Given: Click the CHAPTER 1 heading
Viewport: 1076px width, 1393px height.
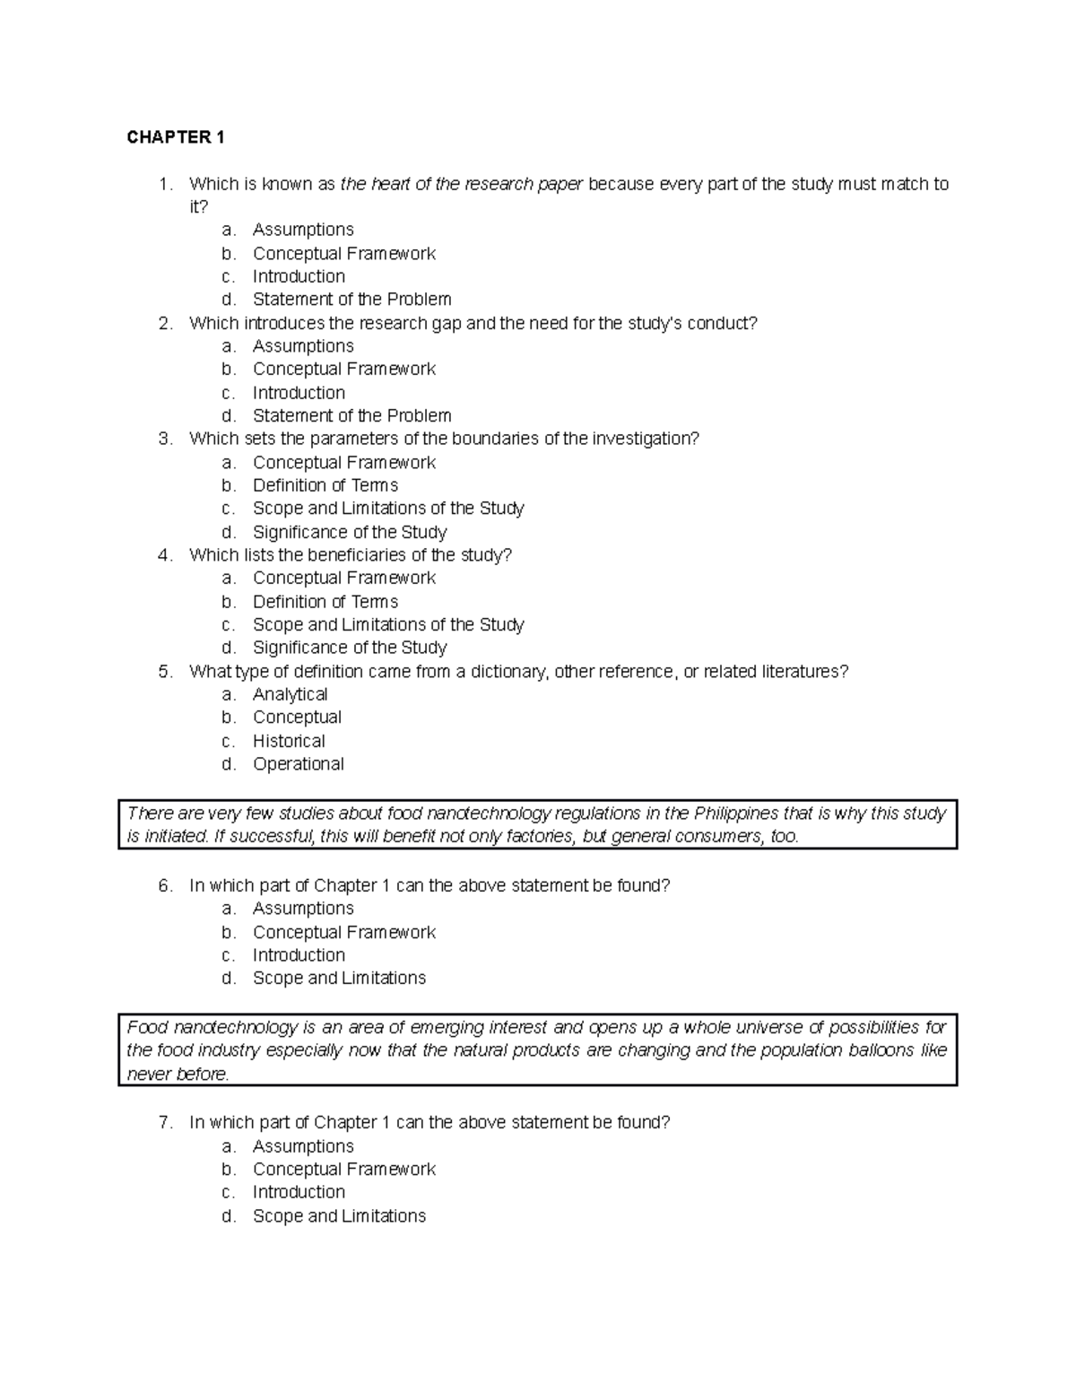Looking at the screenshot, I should pos(176,137).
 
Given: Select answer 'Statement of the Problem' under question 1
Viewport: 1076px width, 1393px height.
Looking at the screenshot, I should pos(351,300).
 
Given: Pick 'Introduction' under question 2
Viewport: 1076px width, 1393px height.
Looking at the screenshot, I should pos(299,393).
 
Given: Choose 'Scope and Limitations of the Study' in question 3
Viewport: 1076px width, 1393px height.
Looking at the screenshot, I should pos(388,509).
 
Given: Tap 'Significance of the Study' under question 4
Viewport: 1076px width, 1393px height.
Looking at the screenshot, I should pos(350,648).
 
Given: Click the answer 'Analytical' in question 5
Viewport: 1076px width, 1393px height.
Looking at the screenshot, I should pos(290,694).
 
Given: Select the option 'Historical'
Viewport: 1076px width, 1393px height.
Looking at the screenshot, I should pos(289,741).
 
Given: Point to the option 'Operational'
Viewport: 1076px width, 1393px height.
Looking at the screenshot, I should pos(299,764).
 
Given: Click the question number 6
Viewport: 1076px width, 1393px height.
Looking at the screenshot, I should pos(164,886).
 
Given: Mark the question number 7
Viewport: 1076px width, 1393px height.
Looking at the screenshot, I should pos(164,1123).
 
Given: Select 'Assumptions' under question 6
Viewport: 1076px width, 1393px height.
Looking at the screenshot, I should pos(303,910).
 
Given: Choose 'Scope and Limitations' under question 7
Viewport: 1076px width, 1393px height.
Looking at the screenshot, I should pos(339,1216).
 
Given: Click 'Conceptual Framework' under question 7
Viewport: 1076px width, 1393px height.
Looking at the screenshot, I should pos(344,1170).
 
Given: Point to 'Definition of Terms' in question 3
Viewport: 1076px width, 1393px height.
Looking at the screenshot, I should pos(325,485).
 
